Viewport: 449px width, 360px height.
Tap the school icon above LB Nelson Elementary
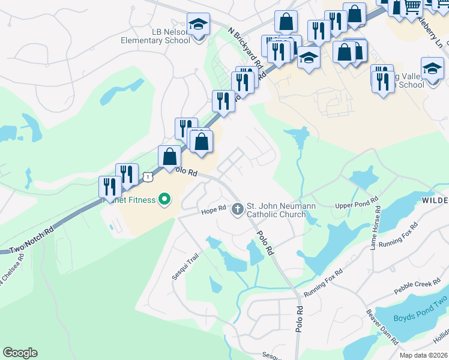[199, 25]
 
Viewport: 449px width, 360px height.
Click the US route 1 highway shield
[147, 176]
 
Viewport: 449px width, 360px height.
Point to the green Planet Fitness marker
[163, 200]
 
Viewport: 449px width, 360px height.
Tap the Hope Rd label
[212, 210]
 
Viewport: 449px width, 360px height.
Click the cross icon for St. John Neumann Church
[238, 209]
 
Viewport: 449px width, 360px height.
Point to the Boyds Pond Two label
[420, 317]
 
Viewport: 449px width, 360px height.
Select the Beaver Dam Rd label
[382, 327]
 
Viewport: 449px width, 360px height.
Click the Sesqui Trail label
[185, 267]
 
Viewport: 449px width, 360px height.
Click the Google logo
[20, 353]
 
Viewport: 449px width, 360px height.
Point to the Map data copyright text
[423, 355]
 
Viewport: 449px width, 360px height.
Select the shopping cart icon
[412, 7]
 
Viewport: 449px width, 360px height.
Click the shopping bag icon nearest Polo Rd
[169, 157]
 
